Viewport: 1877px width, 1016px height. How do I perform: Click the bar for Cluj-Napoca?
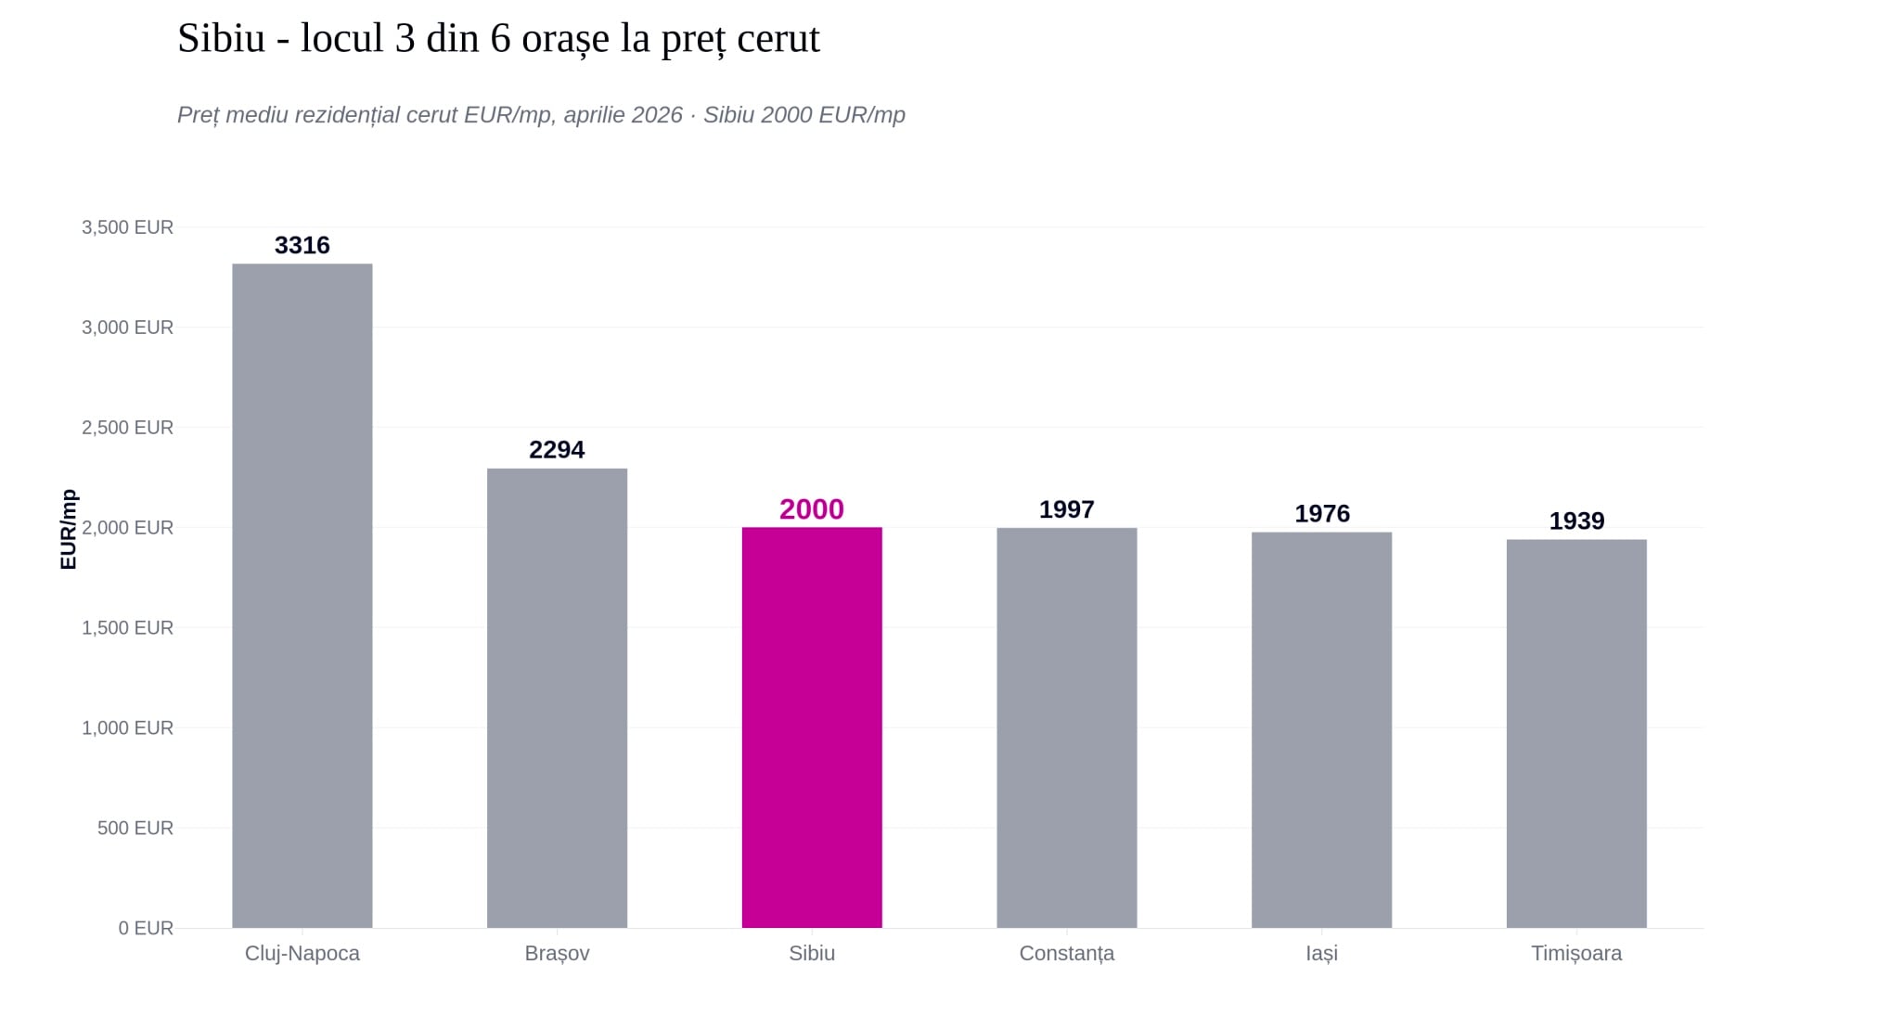point(302,596)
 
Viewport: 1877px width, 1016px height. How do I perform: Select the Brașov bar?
point(557,698)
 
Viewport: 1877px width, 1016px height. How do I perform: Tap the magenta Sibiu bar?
point(812,727)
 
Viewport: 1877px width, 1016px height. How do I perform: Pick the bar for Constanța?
point(1067,727)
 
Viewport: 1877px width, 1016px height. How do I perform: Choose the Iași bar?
point(1321,730)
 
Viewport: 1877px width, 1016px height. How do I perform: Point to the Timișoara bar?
point(1576,734)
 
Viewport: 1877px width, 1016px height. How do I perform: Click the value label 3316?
point(302,245)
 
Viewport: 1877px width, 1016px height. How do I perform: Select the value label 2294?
point(557,450)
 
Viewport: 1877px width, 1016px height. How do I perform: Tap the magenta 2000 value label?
point(812,509)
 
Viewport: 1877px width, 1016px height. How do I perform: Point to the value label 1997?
point(1067,509)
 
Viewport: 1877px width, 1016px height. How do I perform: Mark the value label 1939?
point(1576,521)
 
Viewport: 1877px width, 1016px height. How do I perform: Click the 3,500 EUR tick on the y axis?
point(128,227)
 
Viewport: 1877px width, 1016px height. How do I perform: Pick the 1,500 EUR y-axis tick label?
point(128,627)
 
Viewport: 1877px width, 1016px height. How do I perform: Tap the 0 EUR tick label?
point(146,928)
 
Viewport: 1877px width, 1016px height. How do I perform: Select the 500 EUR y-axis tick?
point(135,828)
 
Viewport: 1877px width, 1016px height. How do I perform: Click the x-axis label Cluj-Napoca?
point(302,954)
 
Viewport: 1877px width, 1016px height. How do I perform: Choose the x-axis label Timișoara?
point(1576,954)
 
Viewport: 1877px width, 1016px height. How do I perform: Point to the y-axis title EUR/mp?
point(68,529)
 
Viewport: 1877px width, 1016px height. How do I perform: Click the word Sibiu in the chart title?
point(222,39)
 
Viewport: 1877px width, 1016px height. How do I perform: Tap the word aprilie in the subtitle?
point(594,115)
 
